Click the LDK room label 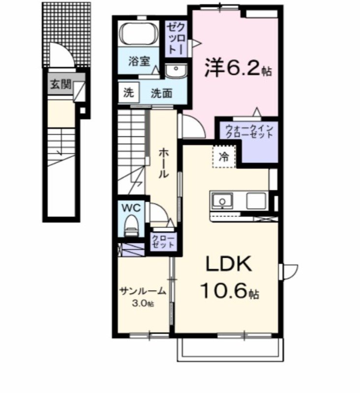click(228, 266)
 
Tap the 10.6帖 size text click(229, 293)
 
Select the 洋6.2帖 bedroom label click(238, 69)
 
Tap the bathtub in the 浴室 click(138, 34)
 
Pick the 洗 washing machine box click(128, 93)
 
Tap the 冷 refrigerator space click(224, 157)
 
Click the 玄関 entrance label click(60, 84)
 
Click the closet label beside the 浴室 click(176, 38)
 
